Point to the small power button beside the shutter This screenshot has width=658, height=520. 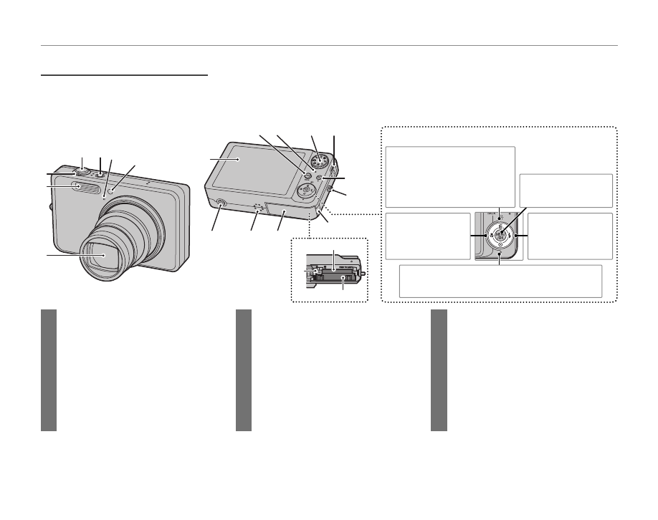pyautogui.click(x=100, y=174)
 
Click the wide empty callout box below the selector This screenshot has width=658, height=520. pyautogui.click(x=500, y=281)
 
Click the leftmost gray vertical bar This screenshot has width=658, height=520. pyautogui.click(x=48, y=370)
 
